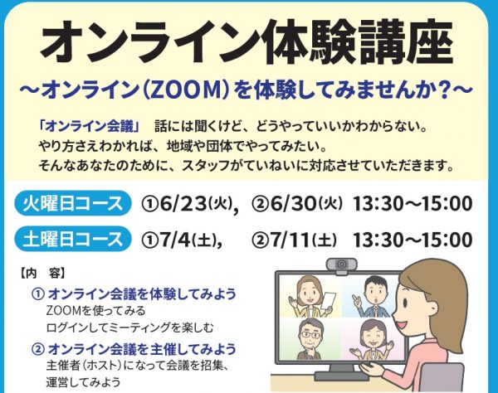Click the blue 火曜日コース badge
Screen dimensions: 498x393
pos(73,203)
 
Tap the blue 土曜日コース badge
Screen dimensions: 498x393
pos(73,239)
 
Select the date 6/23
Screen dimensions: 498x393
pos(183,203)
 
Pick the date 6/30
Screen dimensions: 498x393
pos(294,203)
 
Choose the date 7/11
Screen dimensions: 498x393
pos(290,240)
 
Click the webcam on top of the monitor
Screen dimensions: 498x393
pos(342,266)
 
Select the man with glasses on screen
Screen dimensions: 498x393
pos(310,339)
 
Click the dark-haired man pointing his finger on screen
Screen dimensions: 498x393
pos(372,297)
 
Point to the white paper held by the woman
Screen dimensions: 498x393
pos(329,301)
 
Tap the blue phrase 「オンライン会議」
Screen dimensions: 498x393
pos(89,127)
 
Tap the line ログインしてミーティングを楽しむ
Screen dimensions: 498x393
pos(129,327)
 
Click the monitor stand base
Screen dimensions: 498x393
pos(341,376)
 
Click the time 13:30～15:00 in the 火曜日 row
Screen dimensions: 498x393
pos(413,203)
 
